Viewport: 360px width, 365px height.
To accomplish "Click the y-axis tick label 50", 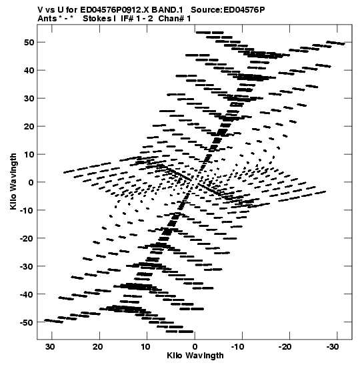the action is click(x=29, y=42).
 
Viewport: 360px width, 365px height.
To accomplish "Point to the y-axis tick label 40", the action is click(x=29, y=70).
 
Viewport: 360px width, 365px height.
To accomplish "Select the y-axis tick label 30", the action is click(x=29, y=98).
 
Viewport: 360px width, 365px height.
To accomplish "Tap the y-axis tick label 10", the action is click(x=29, y=154).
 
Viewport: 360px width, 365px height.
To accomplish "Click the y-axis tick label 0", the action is click(x=31, y=182).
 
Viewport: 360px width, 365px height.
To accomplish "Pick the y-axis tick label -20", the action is click(x=27, y=238).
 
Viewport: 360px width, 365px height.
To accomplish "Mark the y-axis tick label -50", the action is click(x=27, y=322).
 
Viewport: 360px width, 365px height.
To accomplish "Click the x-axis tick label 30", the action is click(x=51, y=346).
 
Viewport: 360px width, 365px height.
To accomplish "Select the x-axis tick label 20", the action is click(x=98, y=346).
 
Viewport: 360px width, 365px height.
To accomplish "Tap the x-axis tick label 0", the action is click(x=195, y=346).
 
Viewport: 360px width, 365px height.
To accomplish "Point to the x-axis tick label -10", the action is click(x=237, y=346).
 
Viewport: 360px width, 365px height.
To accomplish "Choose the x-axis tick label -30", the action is click(x=333, y=346).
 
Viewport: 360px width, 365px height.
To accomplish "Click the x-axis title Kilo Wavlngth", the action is click(x=195, y=356).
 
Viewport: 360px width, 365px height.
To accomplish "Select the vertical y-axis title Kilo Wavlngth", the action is click(x=13, y=181).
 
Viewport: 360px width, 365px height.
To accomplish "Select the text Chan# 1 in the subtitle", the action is click(x=175, y=19).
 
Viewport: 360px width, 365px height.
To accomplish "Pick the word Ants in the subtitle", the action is click(x=47, y=19).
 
